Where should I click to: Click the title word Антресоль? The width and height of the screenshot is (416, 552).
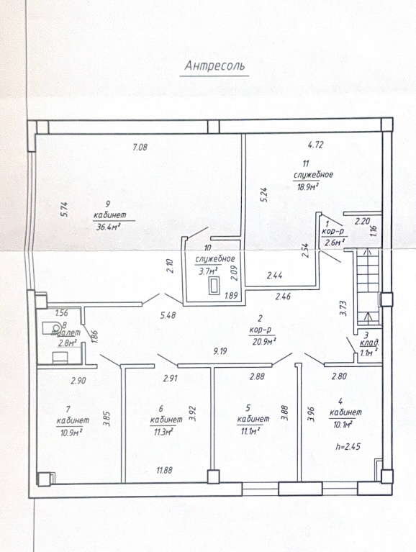pos(214,65)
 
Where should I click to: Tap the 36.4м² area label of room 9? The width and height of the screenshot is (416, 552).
pos(108,227)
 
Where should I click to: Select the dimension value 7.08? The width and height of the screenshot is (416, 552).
pos(140,147)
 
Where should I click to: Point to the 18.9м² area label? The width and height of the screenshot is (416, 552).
pos(307,186)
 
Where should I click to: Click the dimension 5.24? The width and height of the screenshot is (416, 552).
pos(265,194)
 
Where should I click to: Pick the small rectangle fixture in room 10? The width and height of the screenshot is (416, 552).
pos(214,286)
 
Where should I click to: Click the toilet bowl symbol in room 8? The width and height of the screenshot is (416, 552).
pos(51,327)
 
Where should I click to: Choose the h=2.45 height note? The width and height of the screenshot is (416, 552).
pos(348,447)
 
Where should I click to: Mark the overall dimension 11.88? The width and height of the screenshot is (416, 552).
pos(164,470)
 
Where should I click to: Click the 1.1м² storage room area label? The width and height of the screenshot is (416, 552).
pos(368,353)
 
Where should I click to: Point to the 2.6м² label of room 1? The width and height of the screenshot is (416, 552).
pos(333,243)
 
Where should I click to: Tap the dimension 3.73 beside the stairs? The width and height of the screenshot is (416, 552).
pos(345,308)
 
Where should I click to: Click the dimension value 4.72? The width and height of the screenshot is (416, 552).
pos(315,145)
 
